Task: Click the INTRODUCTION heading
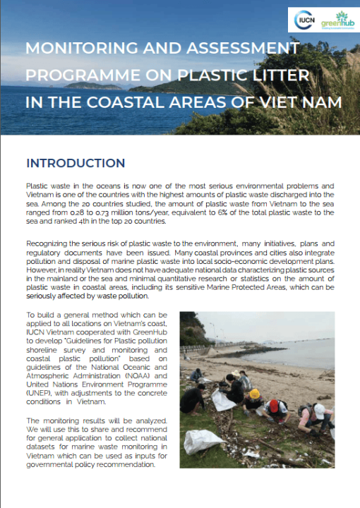76,163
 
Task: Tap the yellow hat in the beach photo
254,394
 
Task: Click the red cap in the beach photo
273,406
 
